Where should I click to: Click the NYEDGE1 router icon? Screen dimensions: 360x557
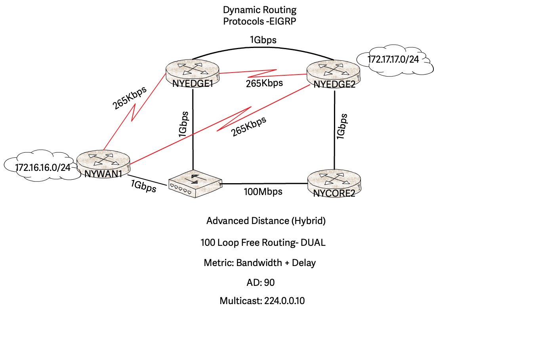click(193, 70)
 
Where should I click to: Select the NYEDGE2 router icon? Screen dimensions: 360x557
click(334, 71)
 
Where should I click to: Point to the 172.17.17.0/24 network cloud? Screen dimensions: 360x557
click(394, 60)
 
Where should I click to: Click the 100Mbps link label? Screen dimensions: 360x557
click(263, 192)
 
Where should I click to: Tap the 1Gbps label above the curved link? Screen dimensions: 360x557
click(263, 40)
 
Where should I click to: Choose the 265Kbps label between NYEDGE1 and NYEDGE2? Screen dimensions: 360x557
click(264, 83)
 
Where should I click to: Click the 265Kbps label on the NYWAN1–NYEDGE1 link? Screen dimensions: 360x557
click(130, 98)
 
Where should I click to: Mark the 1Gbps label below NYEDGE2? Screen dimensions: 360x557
click(342, 126)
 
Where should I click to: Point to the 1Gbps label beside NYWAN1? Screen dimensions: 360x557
click(144, 186)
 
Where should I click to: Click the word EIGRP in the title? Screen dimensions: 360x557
click(282, 21)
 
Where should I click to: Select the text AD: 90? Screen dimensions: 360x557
click(261, 283)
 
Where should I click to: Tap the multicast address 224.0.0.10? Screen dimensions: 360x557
click(284, 301)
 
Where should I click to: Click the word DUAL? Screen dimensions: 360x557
click(313, 243)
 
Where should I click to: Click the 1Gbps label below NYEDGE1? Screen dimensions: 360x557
click(183, 124)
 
